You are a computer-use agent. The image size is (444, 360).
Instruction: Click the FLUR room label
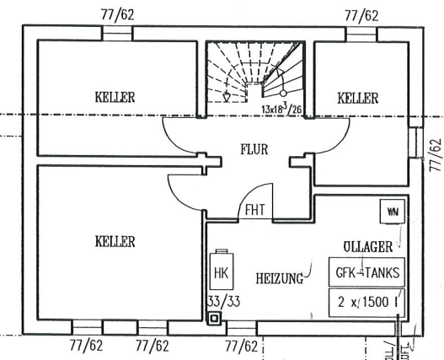coord(254,149)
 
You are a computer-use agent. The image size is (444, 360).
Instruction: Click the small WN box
coord(391,212)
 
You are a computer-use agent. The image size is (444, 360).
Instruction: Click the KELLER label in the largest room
coord(115,242)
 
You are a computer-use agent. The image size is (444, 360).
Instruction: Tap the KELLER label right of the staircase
coord(357,99)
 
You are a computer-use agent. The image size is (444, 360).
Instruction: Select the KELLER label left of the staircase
coord(115,97)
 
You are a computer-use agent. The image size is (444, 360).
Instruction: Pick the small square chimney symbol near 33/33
coord(214,319)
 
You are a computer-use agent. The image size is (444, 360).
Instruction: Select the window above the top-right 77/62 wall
coord(361,32)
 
